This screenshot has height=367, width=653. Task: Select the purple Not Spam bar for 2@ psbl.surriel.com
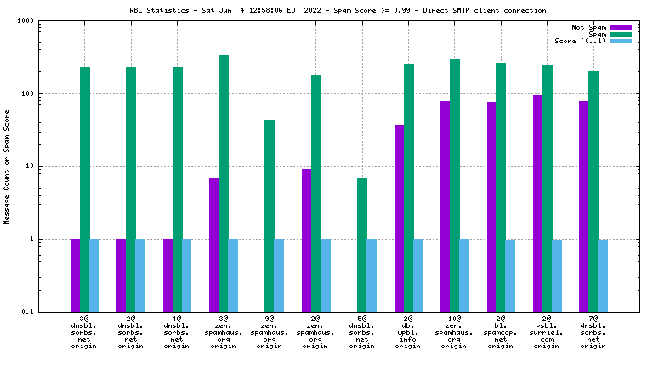tap(537, 203)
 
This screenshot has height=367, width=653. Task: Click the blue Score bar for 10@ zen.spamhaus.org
tap(464, 274)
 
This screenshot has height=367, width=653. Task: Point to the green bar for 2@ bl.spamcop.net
tap(501, 187)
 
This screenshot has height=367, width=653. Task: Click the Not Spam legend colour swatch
tap(622, 27)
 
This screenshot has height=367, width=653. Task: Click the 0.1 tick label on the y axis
tap(40, 312)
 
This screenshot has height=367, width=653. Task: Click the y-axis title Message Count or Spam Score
tap(7, 167)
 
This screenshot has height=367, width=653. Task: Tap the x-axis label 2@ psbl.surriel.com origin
tap(546, 332)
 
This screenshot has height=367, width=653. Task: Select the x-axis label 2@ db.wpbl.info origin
tap(408, 332)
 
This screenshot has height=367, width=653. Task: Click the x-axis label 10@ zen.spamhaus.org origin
tap(454, 332)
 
